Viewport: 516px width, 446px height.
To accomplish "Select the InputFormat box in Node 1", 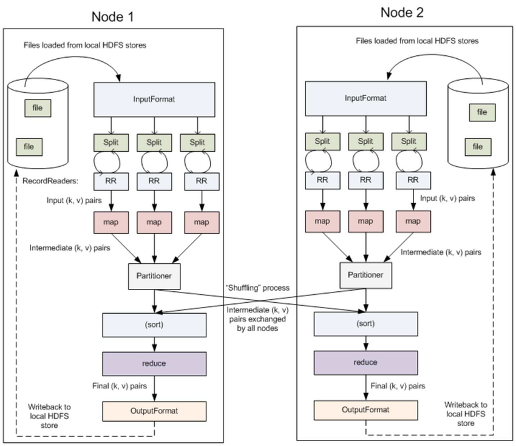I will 155,99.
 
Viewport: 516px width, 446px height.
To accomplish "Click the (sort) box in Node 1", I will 155,324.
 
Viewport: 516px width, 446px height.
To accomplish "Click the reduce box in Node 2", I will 365,362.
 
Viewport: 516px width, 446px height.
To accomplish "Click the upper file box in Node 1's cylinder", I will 38,109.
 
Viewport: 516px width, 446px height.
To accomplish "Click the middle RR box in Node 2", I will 365,180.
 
